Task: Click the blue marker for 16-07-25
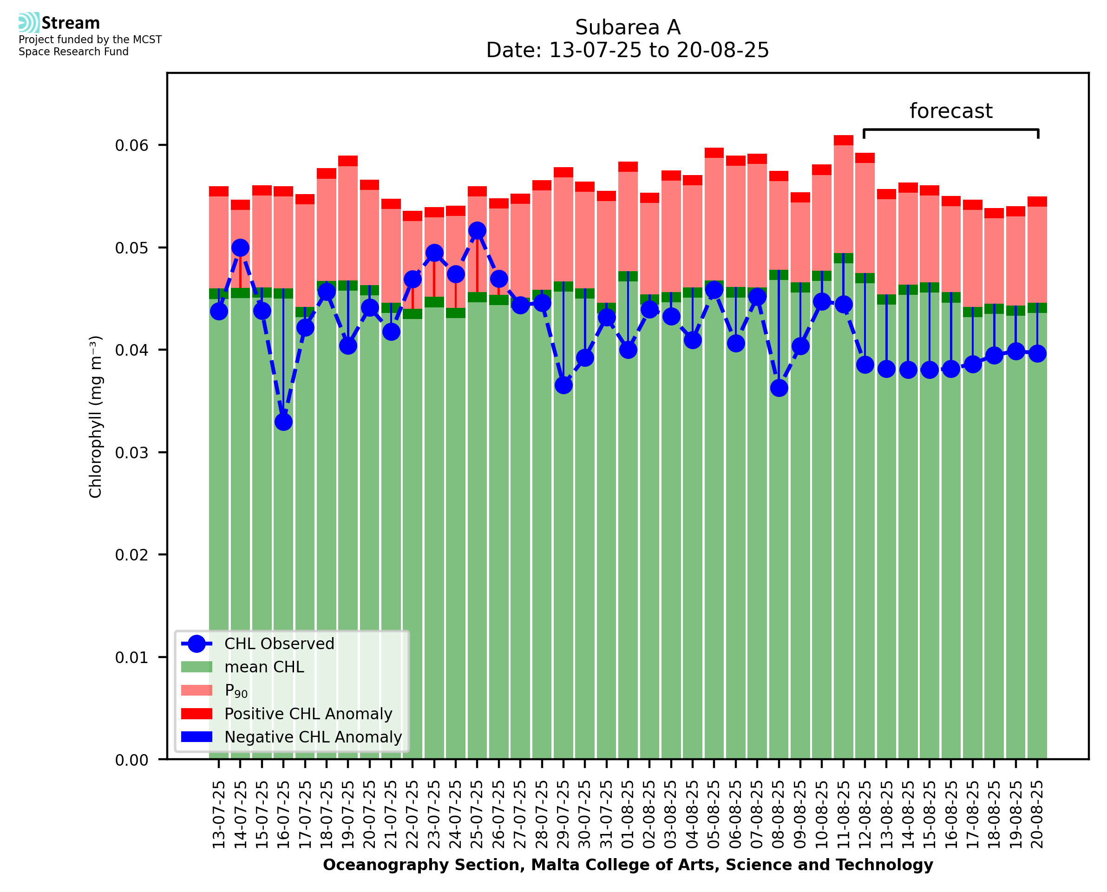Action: [x=283, y=422]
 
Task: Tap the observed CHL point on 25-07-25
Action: [x=477, y=231]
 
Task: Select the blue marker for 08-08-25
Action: [x=779, y=387]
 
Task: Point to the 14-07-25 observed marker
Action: [x=240, y=247]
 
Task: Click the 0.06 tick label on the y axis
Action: [x=131, y=145]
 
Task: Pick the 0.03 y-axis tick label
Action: [x=131, y=453]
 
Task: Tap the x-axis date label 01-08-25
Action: [x=628, y=814]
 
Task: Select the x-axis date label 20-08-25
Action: [x=1037, y=814]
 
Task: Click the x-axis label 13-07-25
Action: [x=219, y=814]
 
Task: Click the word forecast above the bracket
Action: [x=951, y=111]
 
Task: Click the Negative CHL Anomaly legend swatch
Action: [x=197, y=737]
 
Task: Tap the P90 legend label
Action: [x=236, y=690]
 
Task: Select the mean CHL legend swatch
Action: [x=197, y=667]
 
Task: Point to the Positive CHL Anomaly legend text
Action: [x=308, y=714]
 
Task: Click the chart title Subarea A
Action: [x=628, y=27]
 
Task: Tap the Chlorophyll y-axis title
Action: [x=96, y=417]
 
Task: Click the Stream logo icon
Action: [x=29, y=23]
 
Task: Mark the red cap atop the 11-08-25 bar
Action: [x=843, y=140]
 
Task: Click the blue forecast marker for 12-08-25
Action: [x=865, y=365]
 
